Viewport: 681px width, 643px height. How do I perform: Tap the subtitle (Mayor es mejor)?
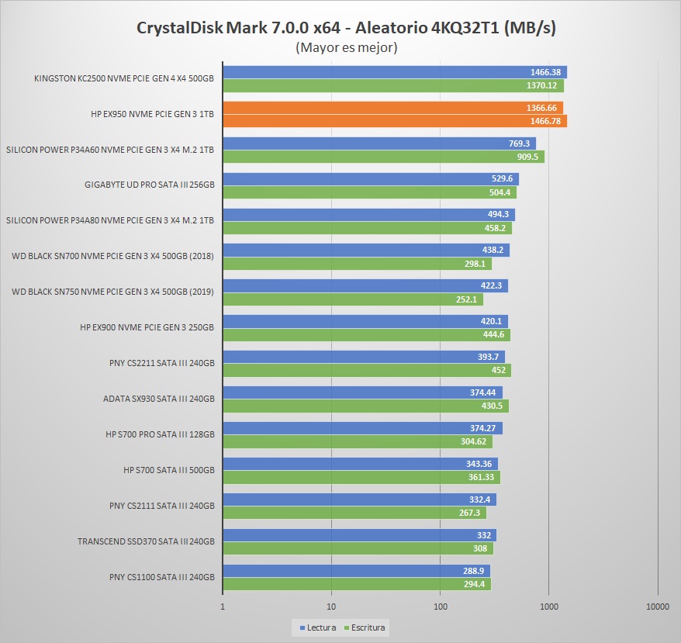click(347, 48)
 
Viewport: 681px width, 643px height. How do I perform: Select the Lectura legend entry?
click(318, 627)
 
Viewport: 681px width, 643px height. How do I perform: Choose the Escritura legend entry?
click(368, 627)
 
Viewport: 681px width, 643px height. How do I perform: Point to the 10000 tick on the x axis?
click(657, 607)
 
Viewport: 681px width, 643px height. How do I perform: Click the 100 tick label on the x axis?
click(440, 607)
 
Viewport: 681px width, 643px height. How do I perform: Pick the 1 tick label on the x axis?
click(223, 607)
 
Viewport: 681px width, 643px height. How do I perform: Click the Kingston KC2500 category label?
click(124, 78)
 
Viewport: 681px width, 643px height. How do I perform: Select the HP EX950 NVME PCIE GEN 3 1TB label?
click(152, 114)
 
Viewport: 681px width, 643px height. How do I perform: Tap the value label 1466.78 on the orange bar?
click(545, 121)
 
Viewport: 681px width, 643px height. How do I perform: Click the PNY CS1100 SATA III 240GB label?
click(161, 577)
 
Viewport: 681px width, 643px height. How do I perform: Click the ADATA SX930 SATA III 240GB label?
click(158, 399)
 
